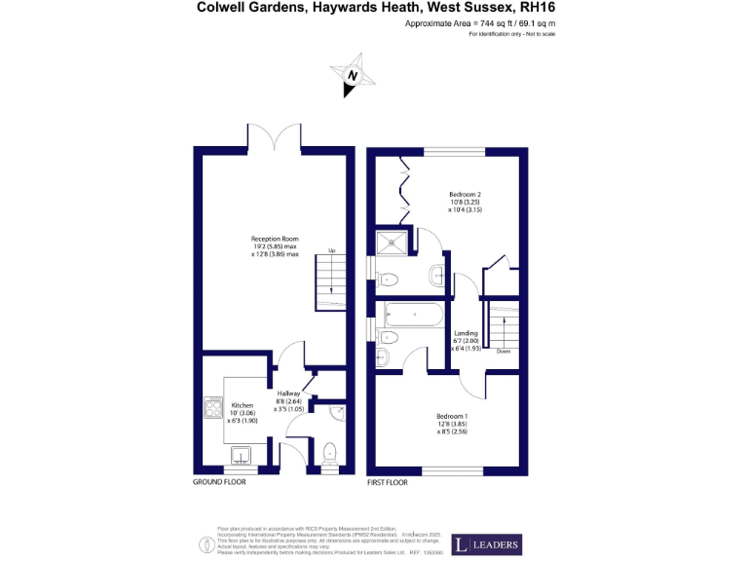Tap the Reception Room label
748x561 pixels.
275,244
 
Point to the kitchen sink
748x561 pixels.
240,454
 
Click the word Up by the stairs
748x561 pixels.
331,250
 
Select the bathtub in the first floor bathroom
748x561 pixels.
415,314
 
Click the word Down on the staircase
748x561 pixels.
503,352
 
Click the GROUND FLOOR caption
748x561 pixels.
219,482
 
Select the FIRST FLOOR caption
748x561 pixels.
389,482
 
